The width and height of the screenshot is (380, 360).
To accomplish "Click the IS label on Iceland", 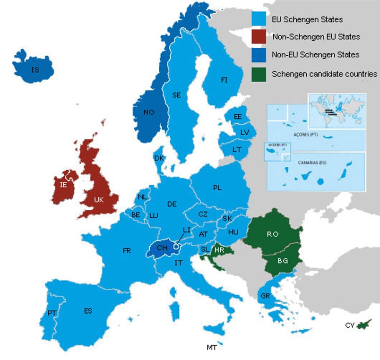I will (x=35, y=70).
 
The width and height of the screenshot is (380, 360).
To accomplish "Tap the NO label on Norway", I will (x=149, y=112).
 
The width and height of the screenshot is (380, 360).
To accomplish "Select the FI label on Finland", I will (x=224, y=80).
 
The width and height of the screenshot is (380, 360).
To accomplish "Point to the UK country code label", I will (x=98, y=200).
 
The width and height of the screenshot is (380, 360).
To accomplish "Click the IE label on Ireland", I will (x=64, y=185).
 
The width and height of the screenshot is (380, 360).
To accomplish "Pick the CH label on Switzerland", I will (x=162, y=248).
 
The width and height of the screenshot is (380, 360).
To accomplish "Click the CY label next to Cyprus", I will (x=350, y=325).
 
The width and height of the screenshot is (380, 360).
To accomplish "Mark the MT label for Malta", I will (x=211, y=347).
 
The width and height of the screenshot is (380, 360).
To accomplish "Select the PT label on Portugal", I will (x=52, y=313).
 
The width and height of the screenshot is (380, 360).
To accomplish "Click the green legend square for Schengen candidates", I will (x=259, y=74).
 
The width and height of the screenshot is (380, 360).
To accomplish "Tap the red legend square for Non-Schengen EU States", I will (x=259, y=36).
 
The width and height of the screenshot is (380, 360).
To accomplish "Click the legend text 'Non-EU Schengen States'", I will (x=315, y=55).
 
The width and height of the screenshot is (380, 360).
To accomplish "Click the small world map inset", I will (x=337, y=111).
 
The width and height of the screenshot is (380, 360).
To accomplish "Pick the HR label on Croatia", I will (x=219, y=250).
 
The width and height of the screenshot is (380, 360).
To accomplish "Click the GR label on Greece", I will (x=265, y=296).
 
